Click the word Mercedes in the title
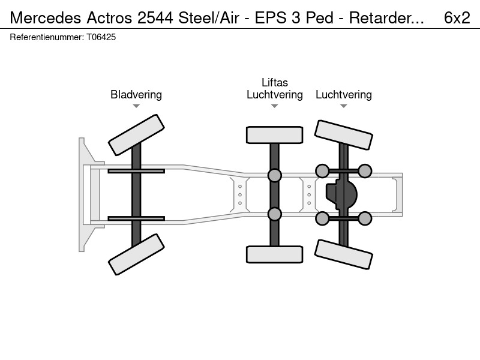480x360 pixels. click(x=46, y=18)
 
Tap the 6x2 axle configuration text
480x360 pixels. click(x=457, y=18)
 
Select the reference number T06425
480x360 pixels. click(x=101, y=37)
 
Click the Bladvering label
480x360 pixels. click(x=136, y=95)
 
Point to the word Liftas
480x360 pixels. click(x=275, y=83)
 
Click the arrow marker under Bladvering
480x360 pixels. click(x=136, y=106)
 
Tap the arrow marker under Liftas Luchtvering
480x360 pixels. click(x=275, y=106)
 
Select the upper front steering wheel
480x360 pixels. click(x=136, y=135)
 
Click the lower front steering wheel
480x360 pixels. click(x=136, y=254)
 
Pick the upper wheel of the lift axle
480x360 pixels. click(x=275, y=135)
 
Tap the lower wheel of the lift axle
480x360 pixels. click(x=275, y=254)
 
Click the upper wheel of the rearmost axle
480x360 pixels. click(x=343, y=135)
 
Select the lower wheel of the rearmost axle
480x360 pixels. click(x=343, y=254)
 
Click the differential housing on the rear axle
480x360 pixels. click(x=341, y=194)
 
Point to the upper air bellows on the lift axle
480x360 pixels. click(x=275, y=175)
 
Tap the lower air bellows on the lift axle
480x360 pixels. click(x=275, y=214)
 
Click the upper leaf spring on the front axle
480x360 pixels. click(x=136, y=171)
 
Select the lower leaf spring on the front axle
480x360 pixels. click(x=136, y=218)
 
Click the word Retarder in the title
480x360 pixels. click(x=386, y=18)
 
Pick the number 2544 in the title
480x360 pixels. click(x=155, y=18)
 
